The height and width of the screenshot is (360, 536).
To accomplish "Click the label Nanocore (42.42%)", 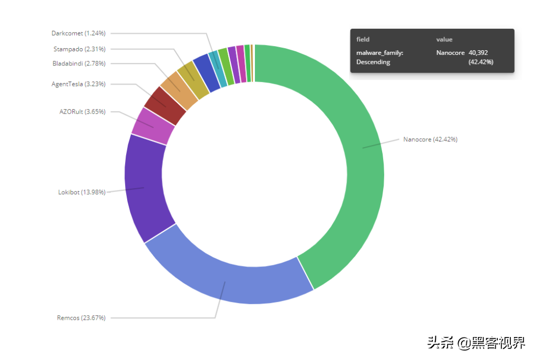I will click(x=430, y=139).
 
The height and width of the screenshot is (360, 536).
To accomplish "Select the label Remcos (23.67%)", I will click(x=81, y=318).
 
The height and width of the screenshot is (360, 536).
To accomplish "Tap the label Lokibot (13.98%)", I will click(x=82, y=192).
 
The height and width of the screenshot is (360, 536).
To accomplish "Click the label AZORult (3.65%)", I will click(x=82, y=111).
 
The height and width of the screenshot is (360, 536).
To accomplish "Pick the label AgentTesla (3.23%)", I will click(x=79, y=84).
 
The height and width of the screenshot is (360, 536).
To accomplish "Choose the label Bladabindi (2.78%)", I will click(x=79, y=63).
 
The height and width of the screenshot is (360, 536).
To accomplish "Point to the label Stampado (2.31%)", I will click(x=80, y=49).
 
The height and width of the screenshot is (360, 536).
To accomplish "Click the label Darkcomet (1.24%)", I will click(x=79, y=33).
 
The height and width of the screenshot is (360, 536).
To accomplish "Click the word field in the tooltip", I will click(x=363, y=39).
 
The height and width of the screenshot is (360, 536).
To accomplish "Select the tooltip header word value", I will click(x=444, y=39).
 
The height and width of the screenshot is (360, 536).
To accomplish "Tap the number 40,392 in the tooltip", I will click(x=478, y=53).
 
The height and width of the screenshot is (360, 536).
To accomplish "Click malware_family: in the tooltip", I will click(x=379, y=53).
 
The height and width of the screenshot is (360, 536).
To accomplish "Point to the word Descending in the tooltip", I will click(x=373, y=62).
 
